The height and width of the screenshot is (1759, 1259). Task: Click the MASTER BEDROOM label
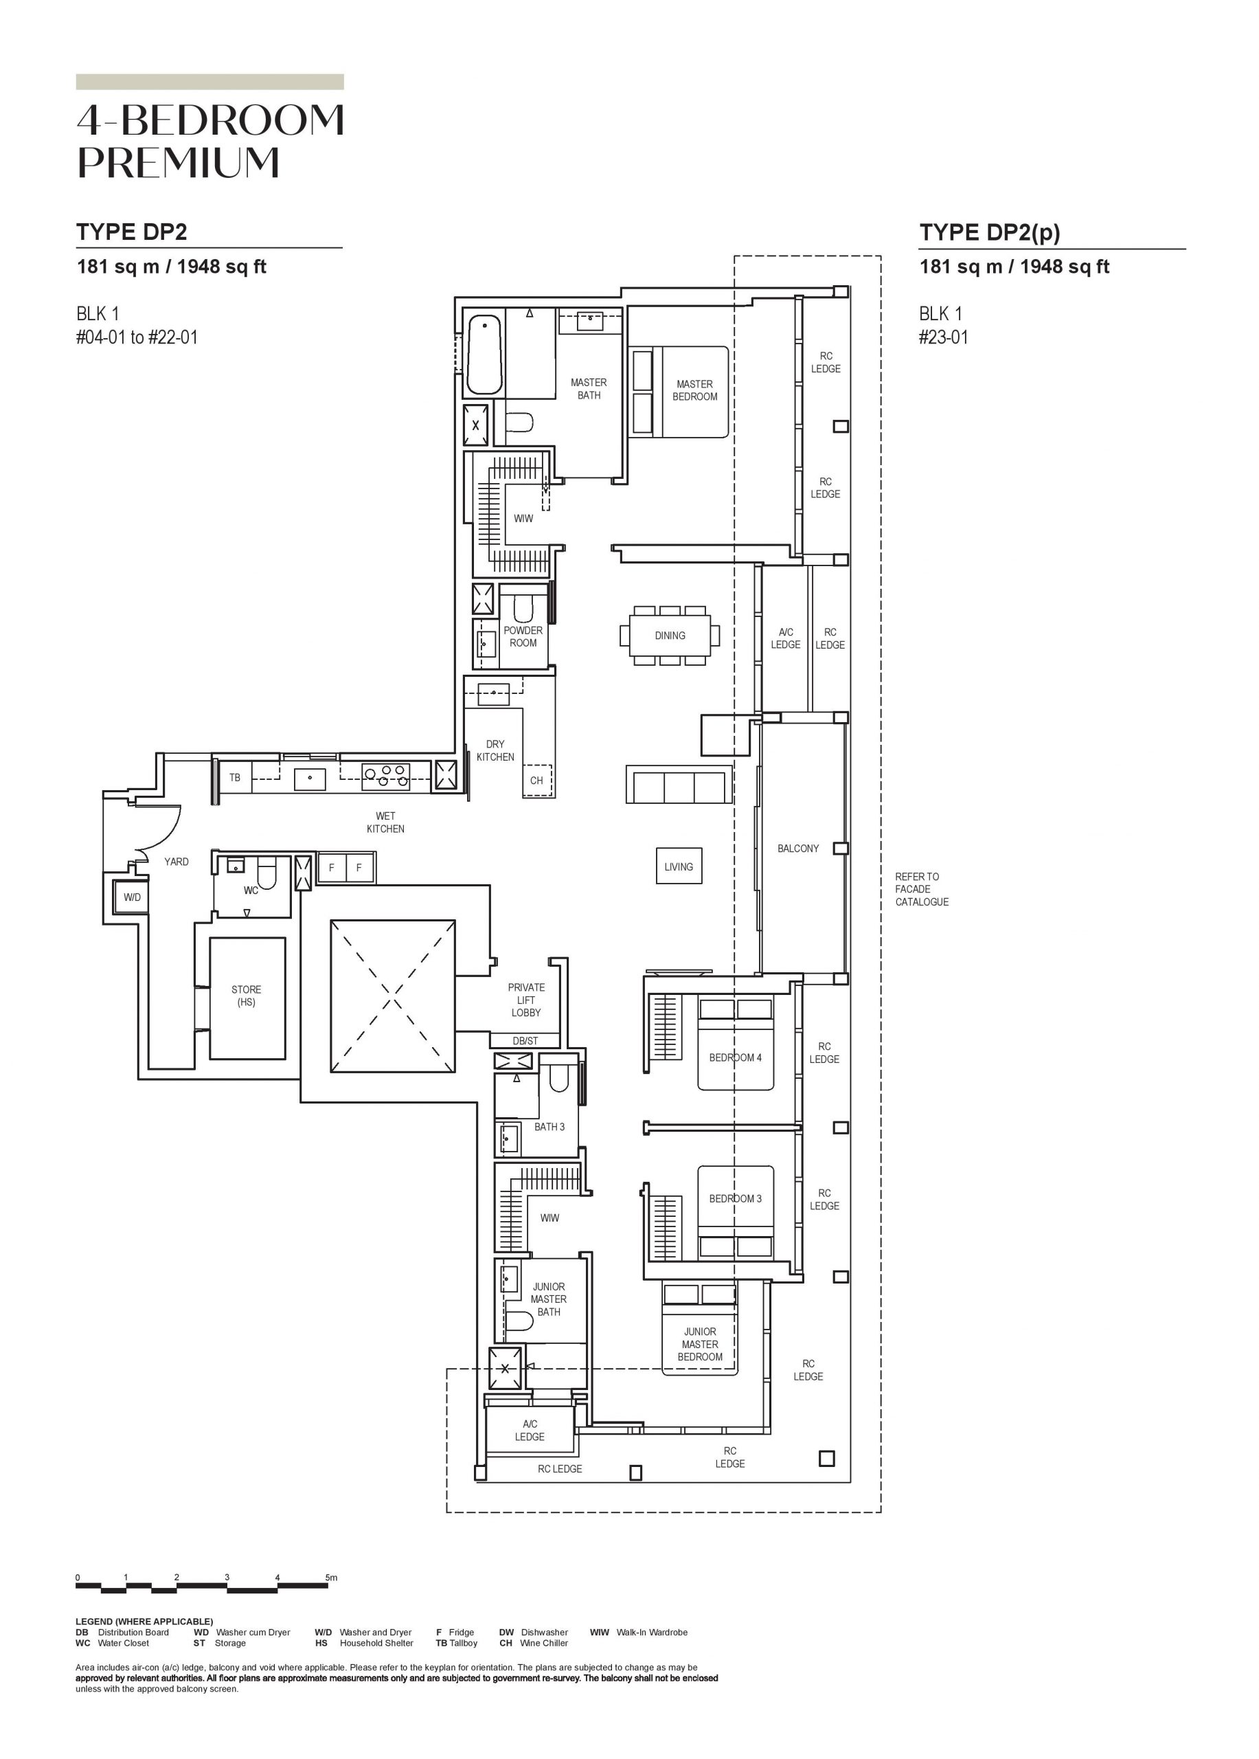[694, 390]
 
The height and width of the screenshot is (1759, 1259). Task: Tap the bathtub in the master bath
[484, 355]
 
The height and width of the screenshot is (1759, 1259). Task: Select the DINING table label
[670, 635]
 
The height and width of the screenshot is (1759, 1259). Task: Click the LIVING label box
[679, 866]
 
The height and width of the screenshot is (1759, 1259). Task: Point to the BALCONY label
[797, 849]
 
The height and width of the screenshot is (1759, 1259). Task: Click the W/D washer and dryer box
[132, 897]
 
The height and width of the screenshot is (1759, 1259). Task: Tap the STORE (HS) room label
[247, 996]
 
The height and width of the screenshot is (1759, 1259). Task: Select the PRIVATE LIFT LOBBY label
[526, 1000]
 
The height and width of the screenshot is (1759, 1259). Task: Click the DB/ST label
[525, 1041]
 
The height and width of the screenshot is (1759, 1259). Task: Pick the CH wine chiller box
[536, 781]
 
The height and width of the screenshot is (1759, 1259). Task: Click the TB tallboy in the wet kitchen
[234, 777]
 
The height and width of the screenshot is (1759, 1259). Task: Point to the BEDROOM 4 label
[735, 1057]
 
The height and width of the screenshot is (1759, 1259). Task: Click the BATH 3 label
[549, 1127]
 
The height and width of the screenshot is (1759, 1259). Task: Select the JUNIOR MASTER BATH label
[549, 1299]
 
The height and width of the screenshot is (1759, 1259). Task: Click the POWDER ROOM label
[523, 637]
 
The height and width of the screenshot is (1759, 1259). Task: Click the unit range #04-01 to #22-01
[137, 337]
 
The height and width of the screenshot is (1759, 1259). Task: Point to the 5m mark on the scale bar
[331, 1578]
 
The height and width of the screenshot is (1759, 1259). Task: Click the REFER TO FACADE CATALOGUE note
[922, 890]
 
